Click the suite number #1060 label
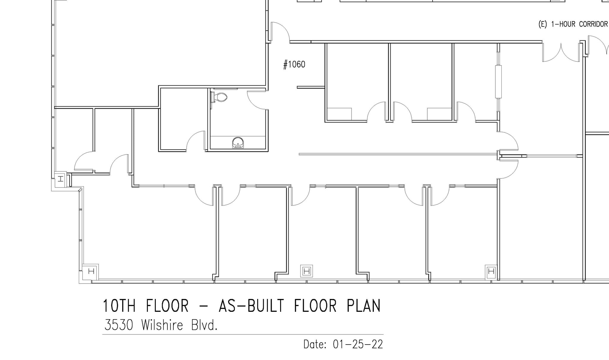pyautogui.click(x=294, y=64)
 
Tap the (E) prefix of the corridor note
pyautogui.click(x=543, y=24)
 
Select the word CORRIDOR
pyautogui.click(x=593, y=24)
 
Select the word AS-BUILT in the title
pyautogui.click(x=251, y=306)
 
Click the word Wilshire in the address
pyautogui.click(x=162, y=325)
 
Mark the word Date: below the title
pyautogui.click(x=315, y=345)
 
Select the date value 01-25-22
pyautogui.click(x=358, y=345)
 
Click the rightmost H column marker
pyautogui.click(x=491, y=271)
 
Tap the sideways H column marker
pyautogui.click(x=61, y=179)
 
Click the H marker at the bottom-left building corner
pyautogui.click(x=91, y=271)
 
